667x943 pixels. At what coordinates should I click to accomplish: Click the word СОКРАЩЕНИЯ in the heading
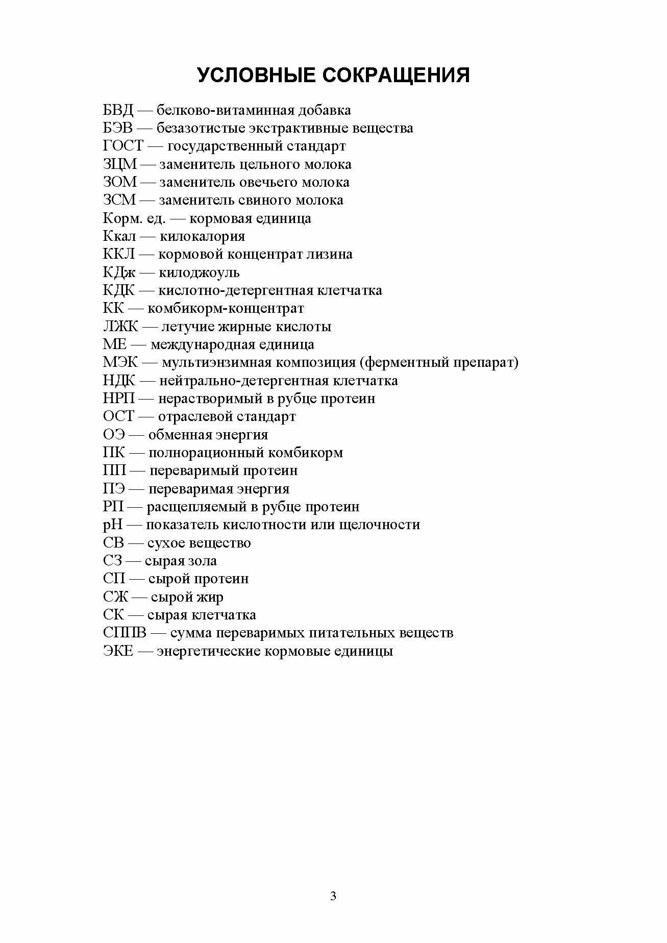tap(396, 75)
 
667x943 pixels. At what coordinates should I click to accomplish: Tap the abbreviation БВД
tap(118, 110)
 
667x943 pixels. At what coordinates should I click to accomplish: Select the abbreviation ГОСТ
tap(123, 146)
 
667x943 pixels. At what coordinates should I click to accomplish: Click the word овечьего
tap(265, 182)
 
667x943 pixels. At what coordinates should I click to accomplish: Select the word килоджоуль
tap(199, 272)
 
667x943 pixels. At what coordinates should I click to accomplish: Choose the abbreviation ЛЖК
tap(120, 327)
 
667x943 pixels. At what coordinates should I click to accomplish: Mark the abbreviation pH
tap(113, 525)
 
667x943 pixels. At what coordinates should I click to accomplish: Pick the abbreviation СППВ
tap(125, 633)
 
